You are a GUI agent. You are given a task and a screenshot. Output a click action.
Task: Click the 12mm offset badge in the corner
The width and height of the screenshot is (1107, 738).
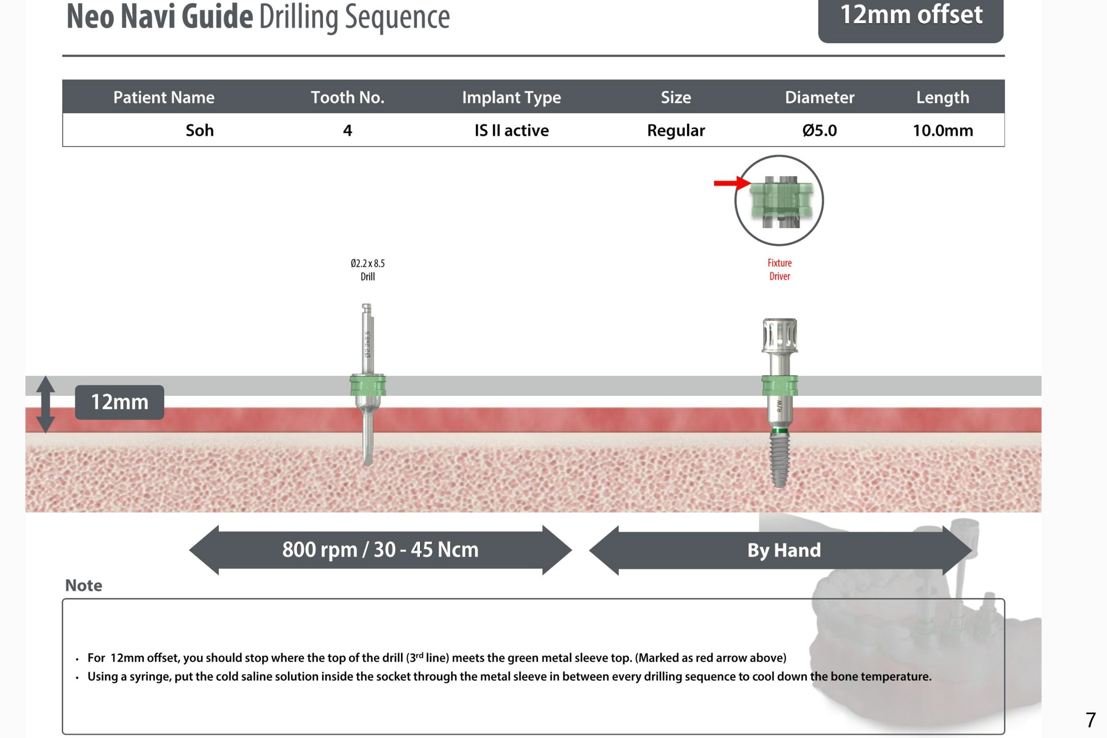(x=910, y=17)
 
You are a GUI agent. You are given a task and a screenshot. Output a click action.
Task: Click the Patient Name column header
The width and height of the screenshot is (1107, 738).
(x=164, y=97)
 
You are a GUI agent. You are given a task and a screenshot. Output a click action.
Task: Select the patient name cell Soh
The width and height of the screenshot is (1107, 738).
(x=199, y=130)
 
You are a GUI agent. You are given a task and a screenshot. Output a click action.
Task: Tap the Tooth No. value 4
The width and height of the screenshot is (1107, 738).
(x=347, y=130)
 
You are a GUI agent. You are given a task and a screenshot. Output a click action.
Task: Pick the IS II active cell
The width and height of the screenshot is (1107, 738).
(x=511, y=130)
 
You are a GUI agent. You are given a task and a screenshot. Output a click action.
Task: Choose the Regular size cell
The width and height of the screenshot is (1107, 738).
(x=676, y=130)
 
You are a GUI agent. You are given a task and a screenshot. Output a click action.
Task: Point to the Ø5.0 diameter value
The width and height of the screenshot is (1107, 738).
(x=819, y=130)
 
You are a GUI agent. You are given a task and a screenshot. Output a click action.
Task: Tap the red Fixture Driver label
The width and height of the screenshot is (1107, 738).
(x=780, y=269)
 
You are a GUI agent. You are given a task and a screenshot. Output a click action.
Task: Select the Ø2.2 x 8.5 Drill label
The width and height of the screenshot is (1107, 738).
(x=367, y=270)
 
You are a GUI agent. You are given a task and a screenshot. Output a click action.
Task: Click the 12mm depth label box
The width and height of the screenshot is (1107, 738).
(x=119, y=402)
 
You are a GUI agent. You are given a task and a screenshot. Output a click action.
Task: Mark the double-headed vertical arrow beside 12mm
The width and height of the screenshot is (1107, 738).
(x=46, y=404)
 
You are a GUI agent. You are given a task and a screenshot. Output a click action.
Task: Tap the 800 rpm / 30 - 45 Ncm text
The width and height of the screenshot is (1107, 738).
(x=380, y=549)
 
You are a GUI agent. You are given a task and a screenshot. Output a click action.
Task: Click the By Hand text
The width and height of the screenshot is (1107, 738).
(x=784, y=550)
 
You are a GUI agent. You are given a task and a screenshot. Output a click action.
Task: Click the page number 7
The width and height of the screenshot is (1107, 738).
(x=1090, y=720)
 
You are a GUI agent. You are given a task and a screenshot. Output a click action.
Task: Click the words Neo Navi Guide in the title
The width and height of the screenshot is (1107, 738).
(x=160, y=17)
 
